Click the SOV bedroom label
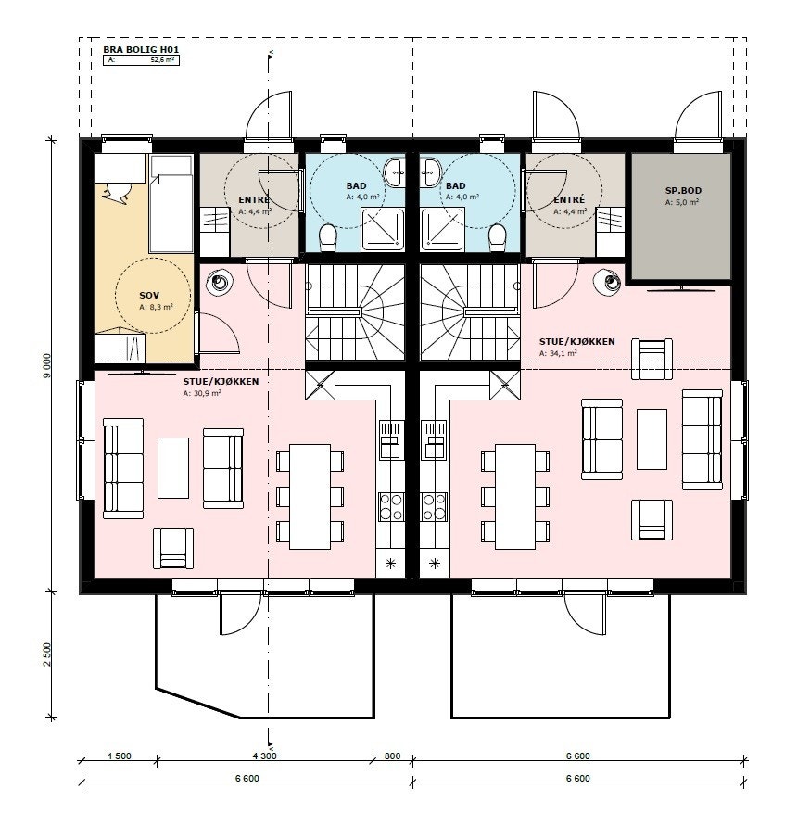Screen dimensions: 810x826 point(149,296)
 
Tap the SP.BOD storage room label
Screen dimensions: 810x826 point(683,191)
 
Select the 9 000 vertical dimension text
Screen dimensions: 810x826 point(47,365)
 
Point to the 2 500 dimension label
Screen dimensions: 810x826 point(47,654)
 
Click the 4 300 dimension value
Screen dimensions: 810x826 point(264,756)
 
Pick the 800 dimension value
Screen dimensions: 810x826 point(392,756)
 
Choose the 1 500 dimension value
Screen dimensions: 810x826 point(120,756)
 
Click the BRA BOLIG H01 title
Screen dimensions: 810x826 point(141,50)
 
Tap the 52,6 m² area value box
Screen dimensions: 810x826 point(141,60)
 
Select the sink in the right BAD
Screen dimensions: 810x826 point(430,172)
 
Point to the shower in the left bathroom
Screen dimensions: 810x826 point(383,229)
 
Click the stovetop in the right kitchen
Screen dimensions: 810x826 point(434,506)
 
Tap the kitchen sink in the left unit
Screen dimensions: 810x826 point(391,438)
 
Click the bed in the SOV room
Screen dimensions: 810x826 point(171,203)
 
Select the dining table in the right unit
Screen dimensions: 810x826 point(515,496)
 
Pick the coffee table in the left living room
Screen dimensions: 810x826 point(173,468)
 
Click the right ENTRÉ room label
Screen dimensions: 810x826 point(569,199)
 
